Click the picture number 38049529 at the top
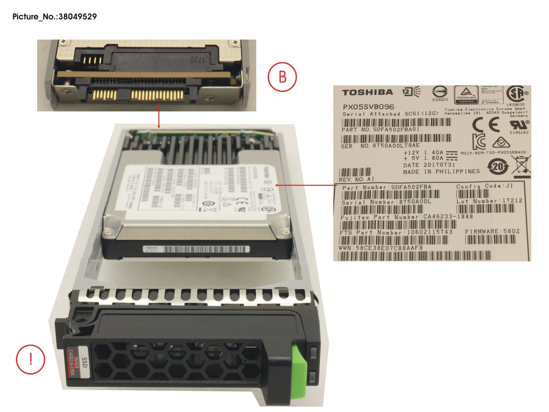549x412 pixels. coord(77,17)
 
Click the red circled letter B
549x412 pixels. coord(282,77)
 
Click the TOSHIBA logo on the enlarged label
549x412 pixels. coord(368,92)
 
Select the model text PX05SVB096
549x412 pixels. coord(368,107)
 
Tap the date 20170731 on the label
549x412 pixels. coord(439,165)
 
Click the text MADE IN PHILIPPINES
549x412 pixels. coord(441,171)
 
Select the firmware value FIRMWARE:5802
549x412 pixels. coord(492,231)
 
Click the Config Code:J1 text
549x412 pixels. coord(484,186)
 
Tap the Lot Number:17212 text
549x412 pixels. coord(489,201)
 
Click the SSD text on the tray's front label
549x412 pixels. coord(84,363)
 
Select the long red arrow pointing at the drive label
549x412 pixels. coord(305,185)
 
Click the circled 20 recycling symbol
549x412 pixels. coord(498,167)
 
